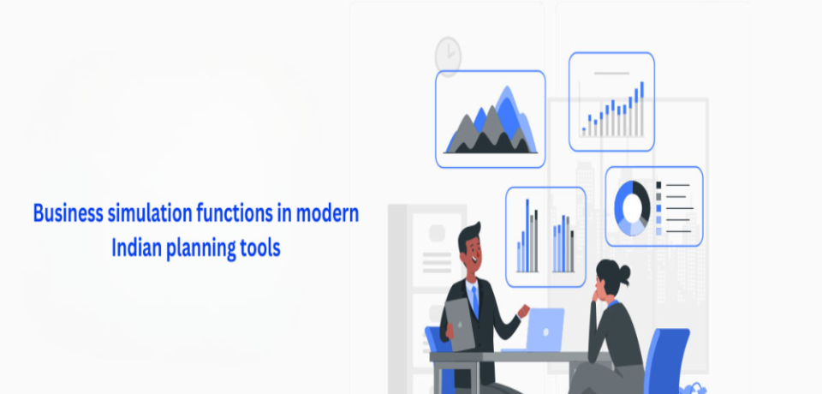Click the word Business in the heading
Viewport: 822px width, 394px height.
68,213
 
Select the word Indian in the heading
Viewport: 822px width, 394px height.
137,248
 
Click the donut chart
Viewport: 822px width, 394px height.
632,208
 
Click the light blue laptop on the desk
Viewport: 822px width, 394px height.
540,331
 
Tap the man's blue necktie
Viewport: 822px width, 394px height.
475,301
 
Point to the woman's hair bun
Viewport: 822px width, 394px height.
624,272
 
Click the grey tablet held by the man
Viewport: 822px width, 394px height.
460,325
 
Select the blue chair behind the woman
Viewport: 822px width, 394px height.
666,360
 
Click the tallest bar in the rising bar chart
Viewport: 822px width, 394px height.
641,109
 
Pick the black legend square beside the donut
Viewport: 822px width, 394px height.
659,185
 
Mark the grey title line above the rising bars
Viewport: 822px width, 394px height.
611,74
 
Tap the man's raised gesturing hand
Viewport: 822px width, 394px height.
524,311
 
